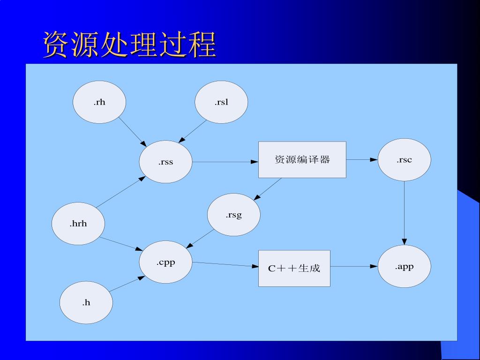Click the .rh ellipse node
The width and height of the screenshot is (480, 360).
[99, 102]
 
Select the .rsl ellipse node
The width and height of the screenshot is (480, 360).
[221, 102]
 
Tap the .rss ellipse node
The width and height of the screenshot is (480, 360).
[165, 162]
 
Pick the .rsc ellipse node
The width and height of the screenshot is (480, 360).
[404, 160]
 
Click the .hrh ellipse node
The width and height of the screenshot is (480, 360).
[78, 224]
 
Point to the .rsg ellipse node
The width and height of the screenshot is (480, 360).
[233, 215]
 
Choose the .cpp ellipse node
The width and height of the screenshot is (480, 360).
[165, 262]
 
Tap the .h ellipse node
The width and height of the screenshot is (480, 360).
[86, 302]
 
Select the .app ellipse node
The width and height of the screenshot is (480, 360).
[404, 267]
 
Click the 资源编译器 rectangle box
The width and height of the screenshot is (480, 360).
[302, 160]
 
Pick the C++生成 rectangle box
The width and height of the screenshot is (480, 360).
[294, 268]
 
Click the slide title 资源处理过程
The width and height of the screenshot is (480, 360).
[129, 45]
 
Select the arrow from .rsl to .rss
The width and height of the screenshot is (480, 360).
[193, 131]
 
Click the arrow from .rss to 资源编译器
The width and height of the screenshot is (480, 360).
[225, 162]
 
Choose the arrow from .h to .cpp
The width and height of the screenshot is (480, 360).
[127, 284]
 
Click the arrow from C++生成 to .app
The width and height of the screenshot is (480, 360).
[354, 267]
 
